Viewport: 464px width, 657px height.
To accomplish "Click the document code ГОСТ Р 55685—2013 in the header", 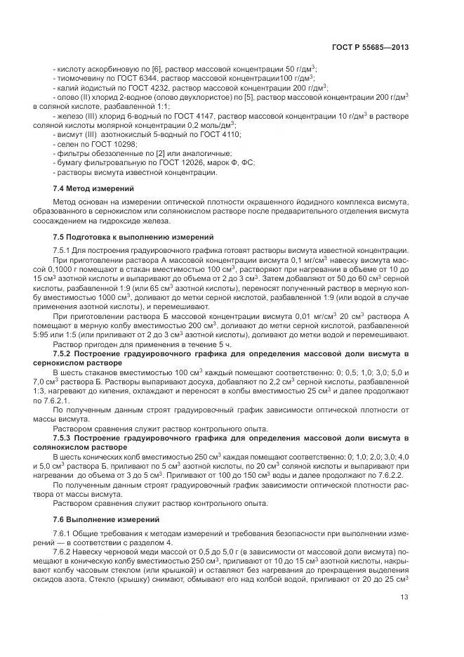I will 370,47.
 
